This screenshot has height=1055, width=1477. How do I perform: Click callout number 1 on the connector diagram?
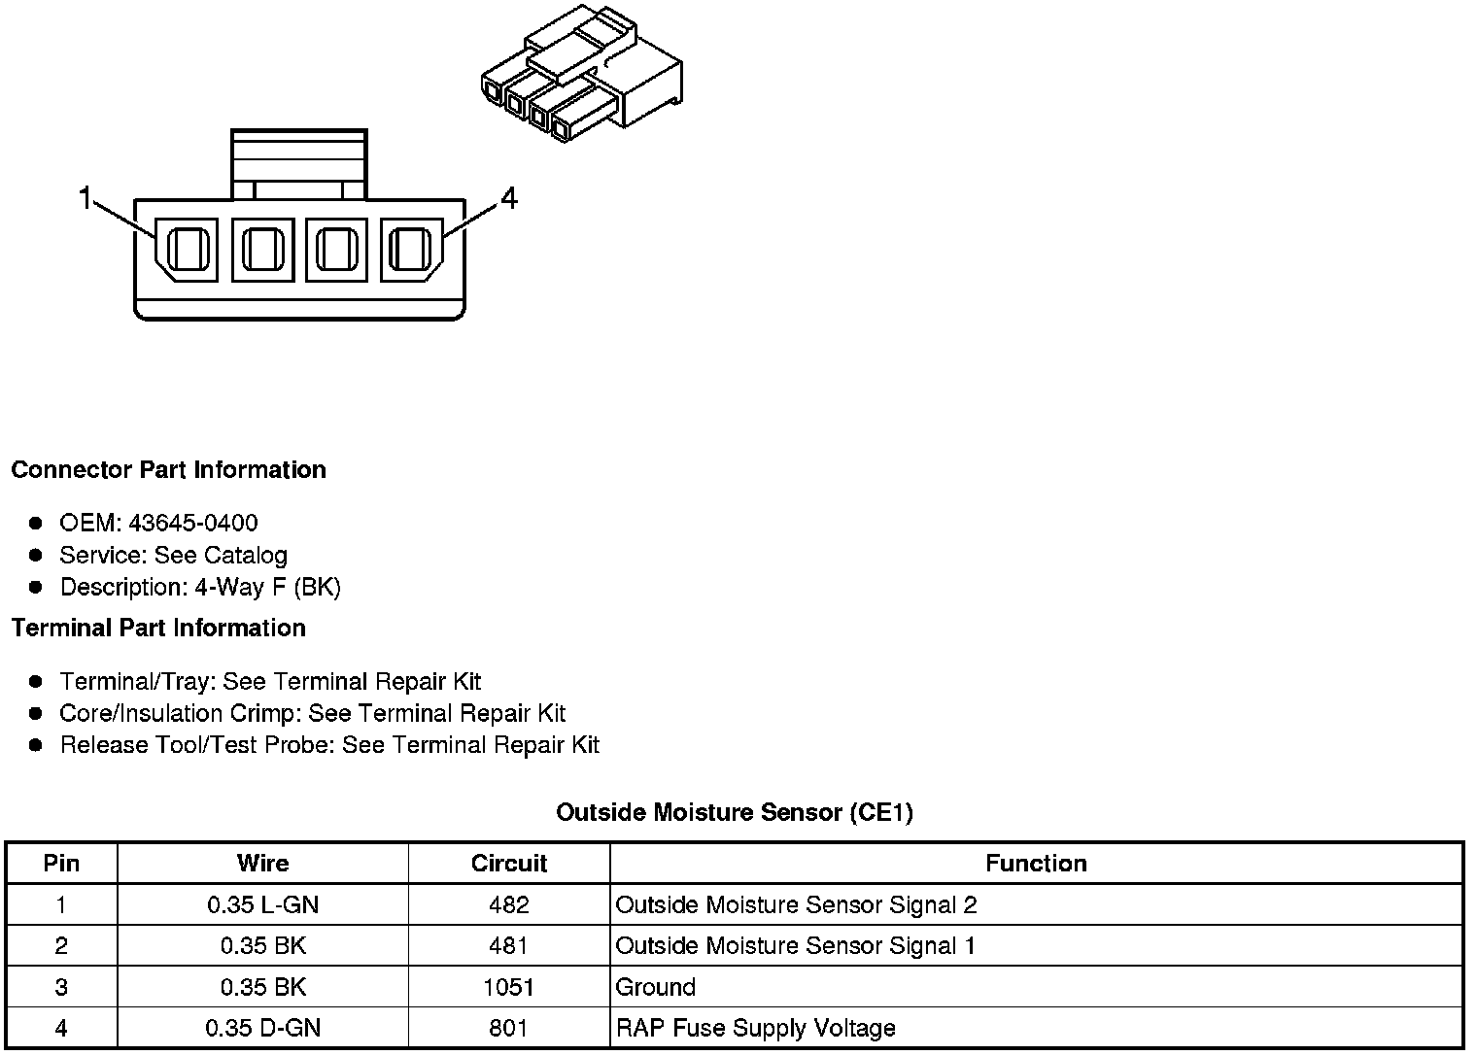click(x=86, y=199)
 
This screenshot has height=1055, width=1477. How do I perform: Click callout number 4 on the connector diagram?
click(x=509, y=199)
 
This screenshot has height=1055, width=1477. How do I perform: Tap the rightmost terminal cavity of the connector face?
click(x=410, y=250)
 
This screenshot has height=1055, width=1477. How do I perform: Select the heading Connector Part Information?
click(x=168, y=470)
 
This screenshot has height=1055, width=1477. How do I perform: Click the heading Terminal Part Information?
click(x=158, y=629)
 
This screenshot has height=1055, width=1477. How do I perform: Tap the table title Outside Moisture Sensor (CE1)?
click(x=735, y=812)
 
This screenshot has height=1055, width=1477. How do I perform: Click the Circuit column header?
click(x=509, y=864)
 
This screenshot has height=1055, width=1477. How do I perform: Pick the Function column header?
click(x=1036, y=864)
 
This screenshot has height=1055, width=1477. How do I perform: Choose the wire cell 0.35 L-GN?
click(x=262, y=905)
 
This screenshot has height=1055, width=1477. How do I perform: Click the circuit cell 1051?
click(x=509, y=988)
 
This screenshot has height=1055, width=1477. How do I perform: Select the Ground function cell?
click(x=656, y=988)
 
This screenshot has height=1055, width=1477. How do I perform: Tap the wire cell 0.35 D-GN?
click(x=262, y=1029)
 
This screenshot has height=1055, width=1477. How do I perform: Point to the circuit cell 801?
click(x=509, y=1029)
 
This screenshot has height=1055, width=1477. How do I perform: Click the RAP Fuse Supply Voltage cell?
click(x=755, y=1029)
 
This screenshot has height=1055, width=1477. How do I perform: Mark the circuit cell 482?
click(x=509, y=905)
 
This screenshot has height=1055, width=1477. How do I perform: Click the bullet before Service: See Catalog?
click(x=36, y=556)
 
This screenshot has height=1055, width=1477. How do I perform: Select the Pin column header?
click(x=61, y=864)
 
